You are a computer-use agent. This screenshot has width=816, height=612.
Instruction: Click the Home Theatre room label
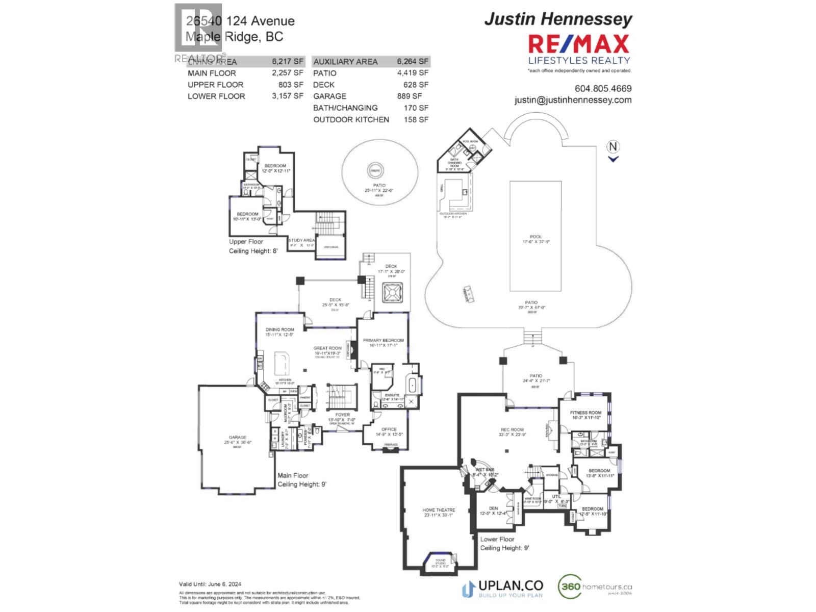tap(439, 510)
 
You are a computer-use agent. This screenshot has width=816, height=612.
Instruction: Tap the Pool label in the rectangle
tap(535, 237)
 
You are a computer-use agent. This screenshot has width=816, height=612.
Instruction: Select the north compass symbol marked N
tap(613, 147)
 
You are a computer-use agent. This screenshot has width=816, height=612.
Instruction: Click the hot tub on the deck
tap(393, 294)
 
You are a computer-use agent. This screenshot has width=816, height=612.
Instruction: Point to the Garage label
tap(237, 437)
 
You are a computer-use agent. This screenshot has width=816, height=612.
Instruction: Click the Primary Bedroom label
tap(383, 340)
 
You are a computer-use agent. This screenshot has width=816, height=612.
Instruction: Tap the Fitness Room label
tap(585, 413)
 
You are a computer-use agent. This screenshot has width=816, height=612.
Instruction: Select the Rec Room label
tap(511, 430)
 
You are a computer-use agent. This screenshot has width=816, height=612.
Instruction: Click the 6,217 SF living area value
tap(288, 62)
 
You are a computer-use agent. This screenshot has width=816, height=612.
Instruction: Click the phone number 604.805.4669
tap(603, 88)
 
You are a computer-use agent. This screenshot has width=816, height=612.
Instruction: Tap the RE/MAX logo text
tap(578, 45)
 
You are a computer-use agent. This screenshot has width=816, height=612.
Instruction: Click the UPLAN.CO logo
tap(502, 588)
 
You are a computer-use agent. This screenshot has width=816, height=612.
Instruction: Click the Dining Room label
tap(279, 329)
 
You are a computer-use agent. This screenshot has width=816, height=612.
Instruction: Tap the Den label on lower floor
tap(493, 508)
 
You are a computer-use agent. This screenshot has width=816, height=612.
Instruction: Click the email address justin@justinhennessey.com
tap(573, 100)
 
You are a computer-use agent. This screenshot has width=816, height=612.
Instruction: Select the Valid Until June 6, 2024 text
tap(210, 584)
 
